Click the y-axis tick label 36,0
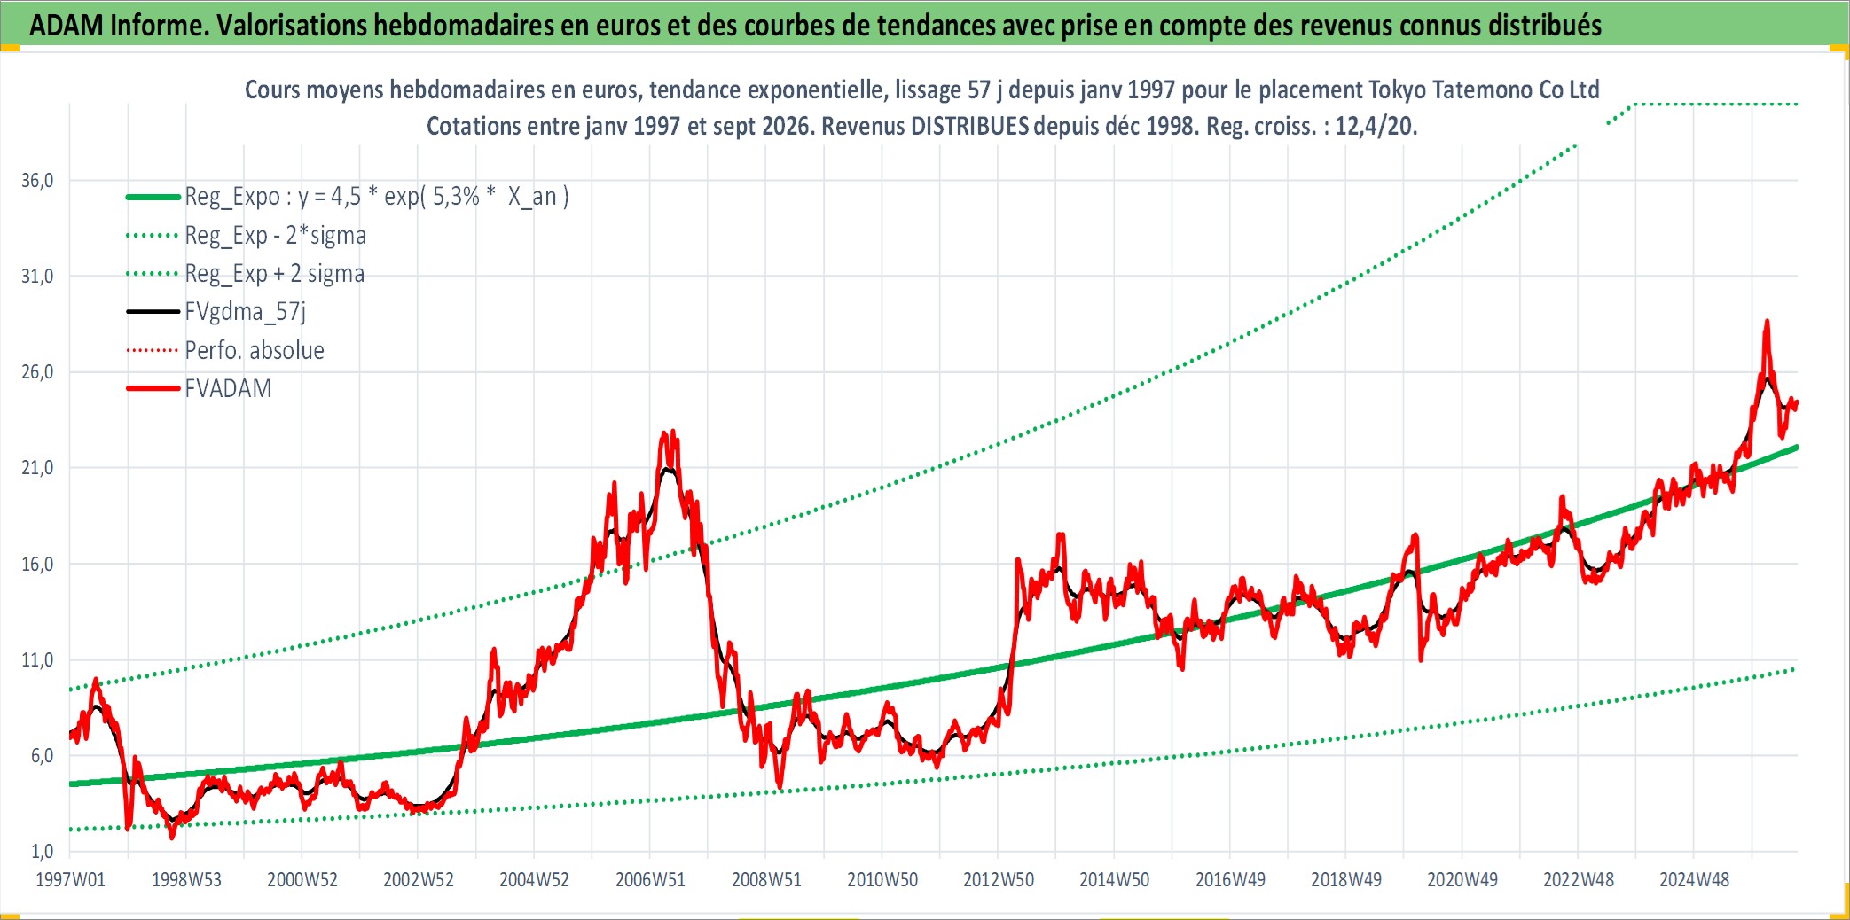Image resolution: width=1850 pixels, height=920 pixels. tap(37, 181)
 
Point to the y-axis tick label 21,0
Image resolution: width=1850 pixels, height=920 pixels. tap(37, 468)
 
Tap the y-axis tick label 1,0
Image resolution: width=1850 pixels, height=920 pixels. tap(43, 852)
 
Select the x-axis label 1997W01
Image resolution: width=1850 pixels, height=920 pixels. tap(70, 880)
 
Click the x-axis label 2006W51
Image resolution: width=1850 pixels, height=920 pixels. tap(651, 880)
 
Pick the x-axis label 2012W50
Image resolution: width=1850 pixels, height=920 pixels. tap(999, 880)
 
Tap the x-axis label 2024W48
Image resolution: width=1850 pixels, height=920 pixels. tap(1695, 880)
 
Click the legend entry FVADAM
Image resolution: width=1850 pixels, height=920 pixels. tap(228, 389)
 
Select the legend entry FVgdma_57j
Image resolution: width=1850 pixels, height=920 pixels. tap(245, 312)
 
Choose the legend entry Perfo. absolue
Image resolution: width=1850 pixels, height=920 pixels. tap(255, 351)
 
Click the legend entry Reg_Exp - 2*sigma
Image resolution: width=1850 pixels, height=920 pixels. tap(275, 236)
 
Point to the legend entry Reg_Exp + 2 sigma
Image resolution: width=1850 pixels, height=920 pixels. tap(274, 274)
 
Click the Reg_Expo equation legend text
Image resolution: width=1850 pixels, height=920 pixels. tap(377, 197)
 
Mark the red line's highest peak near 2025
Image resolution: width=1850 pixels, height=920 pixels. tap(1767, 322)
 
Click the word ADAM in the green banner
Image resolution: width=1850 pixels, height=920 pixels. tap(67, 26)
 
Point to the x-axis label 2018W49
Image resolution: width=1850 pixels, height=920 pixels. tap(1346, 880)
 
